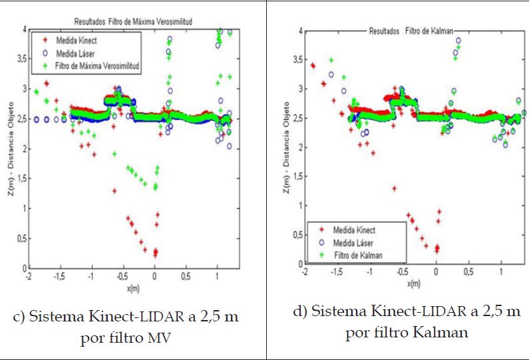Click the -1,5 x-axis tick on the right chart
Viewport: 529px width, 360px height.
337,273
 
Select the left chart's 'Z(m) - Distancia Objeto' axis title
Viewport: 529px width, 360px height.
9,148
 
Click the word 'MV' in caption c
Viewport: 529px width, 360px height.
160,339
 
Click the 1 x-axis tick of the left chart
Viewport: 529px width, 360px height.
217,275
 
